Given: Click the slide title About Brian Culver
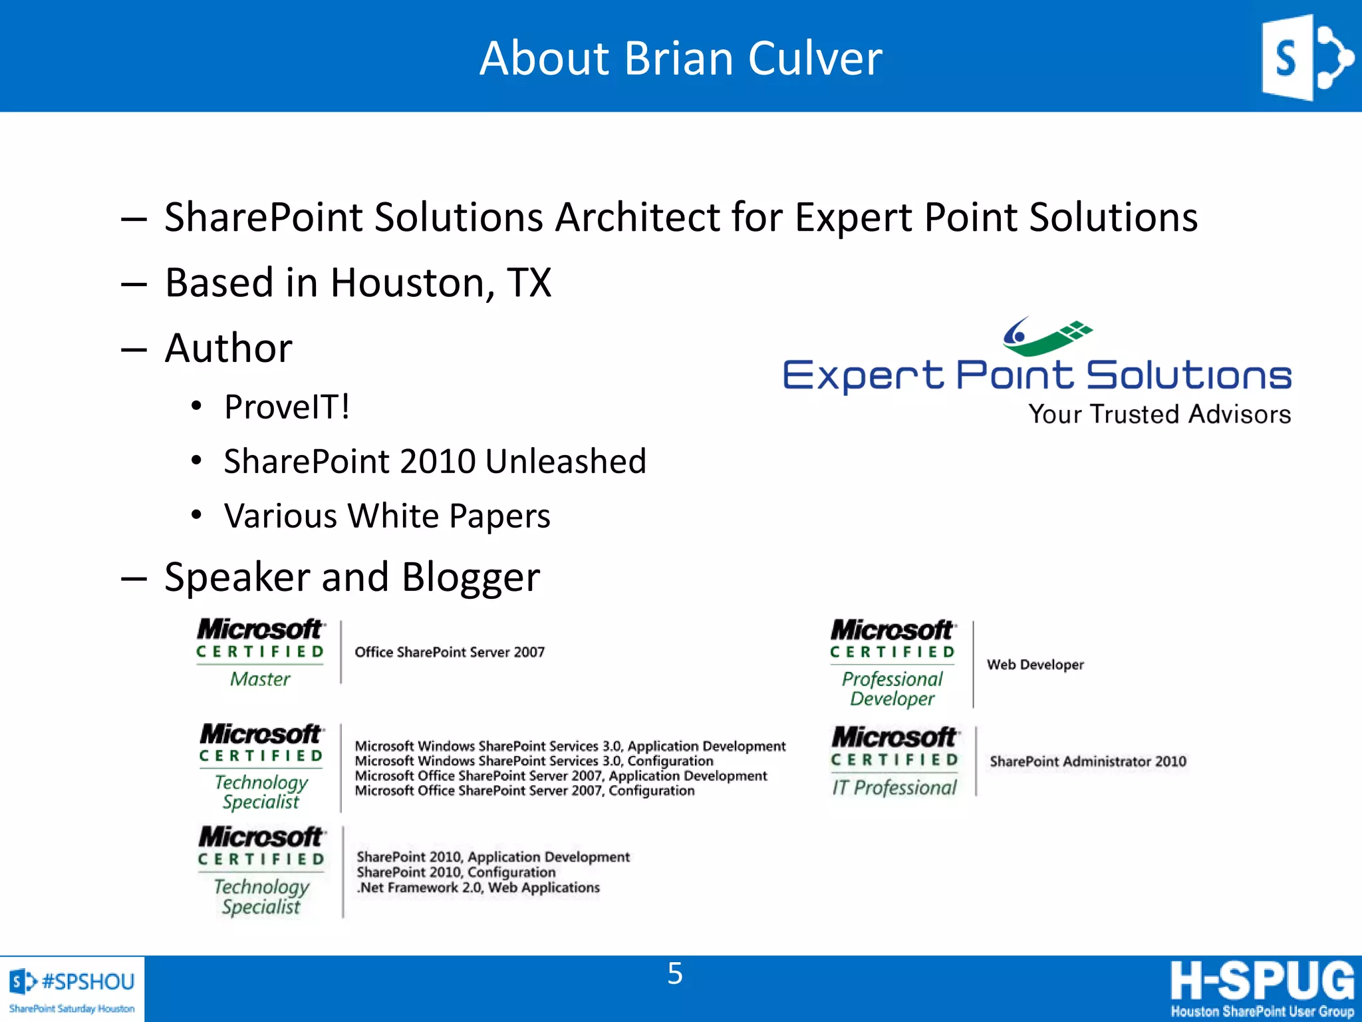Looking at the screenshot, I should tap(680, 59).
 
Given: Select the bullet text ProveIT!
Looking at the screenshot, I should tap(287, 407).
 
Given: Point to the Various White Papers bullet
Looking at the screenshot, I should tap(387, 516).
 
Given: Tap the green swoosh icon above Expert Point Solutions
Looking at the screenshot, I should tap(1047, 336).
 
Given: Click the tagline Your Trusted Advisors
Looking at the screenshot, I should tap(1159, 414).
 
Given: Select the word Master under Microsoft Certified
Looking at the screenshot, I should tap(260, 679).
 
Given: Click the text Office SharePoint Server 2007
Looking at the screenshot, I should tap(450, 652).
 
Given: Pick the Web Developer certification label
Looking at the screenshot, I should tap(1035, 664).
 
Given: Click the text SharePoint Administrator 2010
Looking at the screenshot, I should tap(1087, 761).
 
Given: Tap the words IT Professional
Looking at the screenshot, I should tap(894, 788).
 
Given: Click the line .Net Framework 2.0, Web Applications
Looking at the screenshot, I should tap(478, 888).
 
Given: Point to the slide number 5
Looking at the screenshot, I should tap(675, 973).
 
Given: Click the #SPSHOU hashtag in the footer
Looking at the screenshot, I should tap(88, 981).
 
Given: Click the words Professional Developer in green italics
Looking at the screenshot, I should tap(892, 689).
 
